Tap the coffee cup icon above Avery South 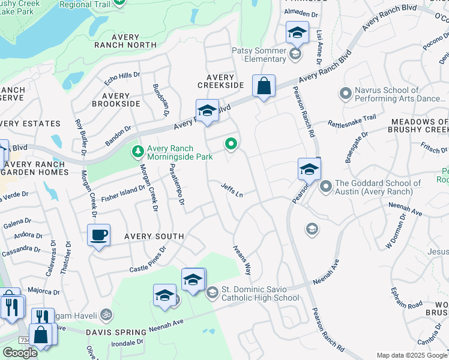pos(99,235)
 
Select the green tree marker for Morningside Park pos(138,150)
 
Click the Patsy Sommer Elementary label pos(259,55)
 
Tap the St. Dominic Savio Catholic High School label pos(260,293)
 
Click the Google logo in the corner pos(20,352)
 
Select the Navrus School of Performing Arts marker pos(345,93)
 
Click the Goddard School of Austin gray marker pos(326,187)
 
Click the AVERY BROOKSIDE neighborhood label pos(116,100)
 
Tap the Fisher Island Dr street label pos(123,192)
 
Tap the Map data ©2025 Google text pos(412,355)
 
